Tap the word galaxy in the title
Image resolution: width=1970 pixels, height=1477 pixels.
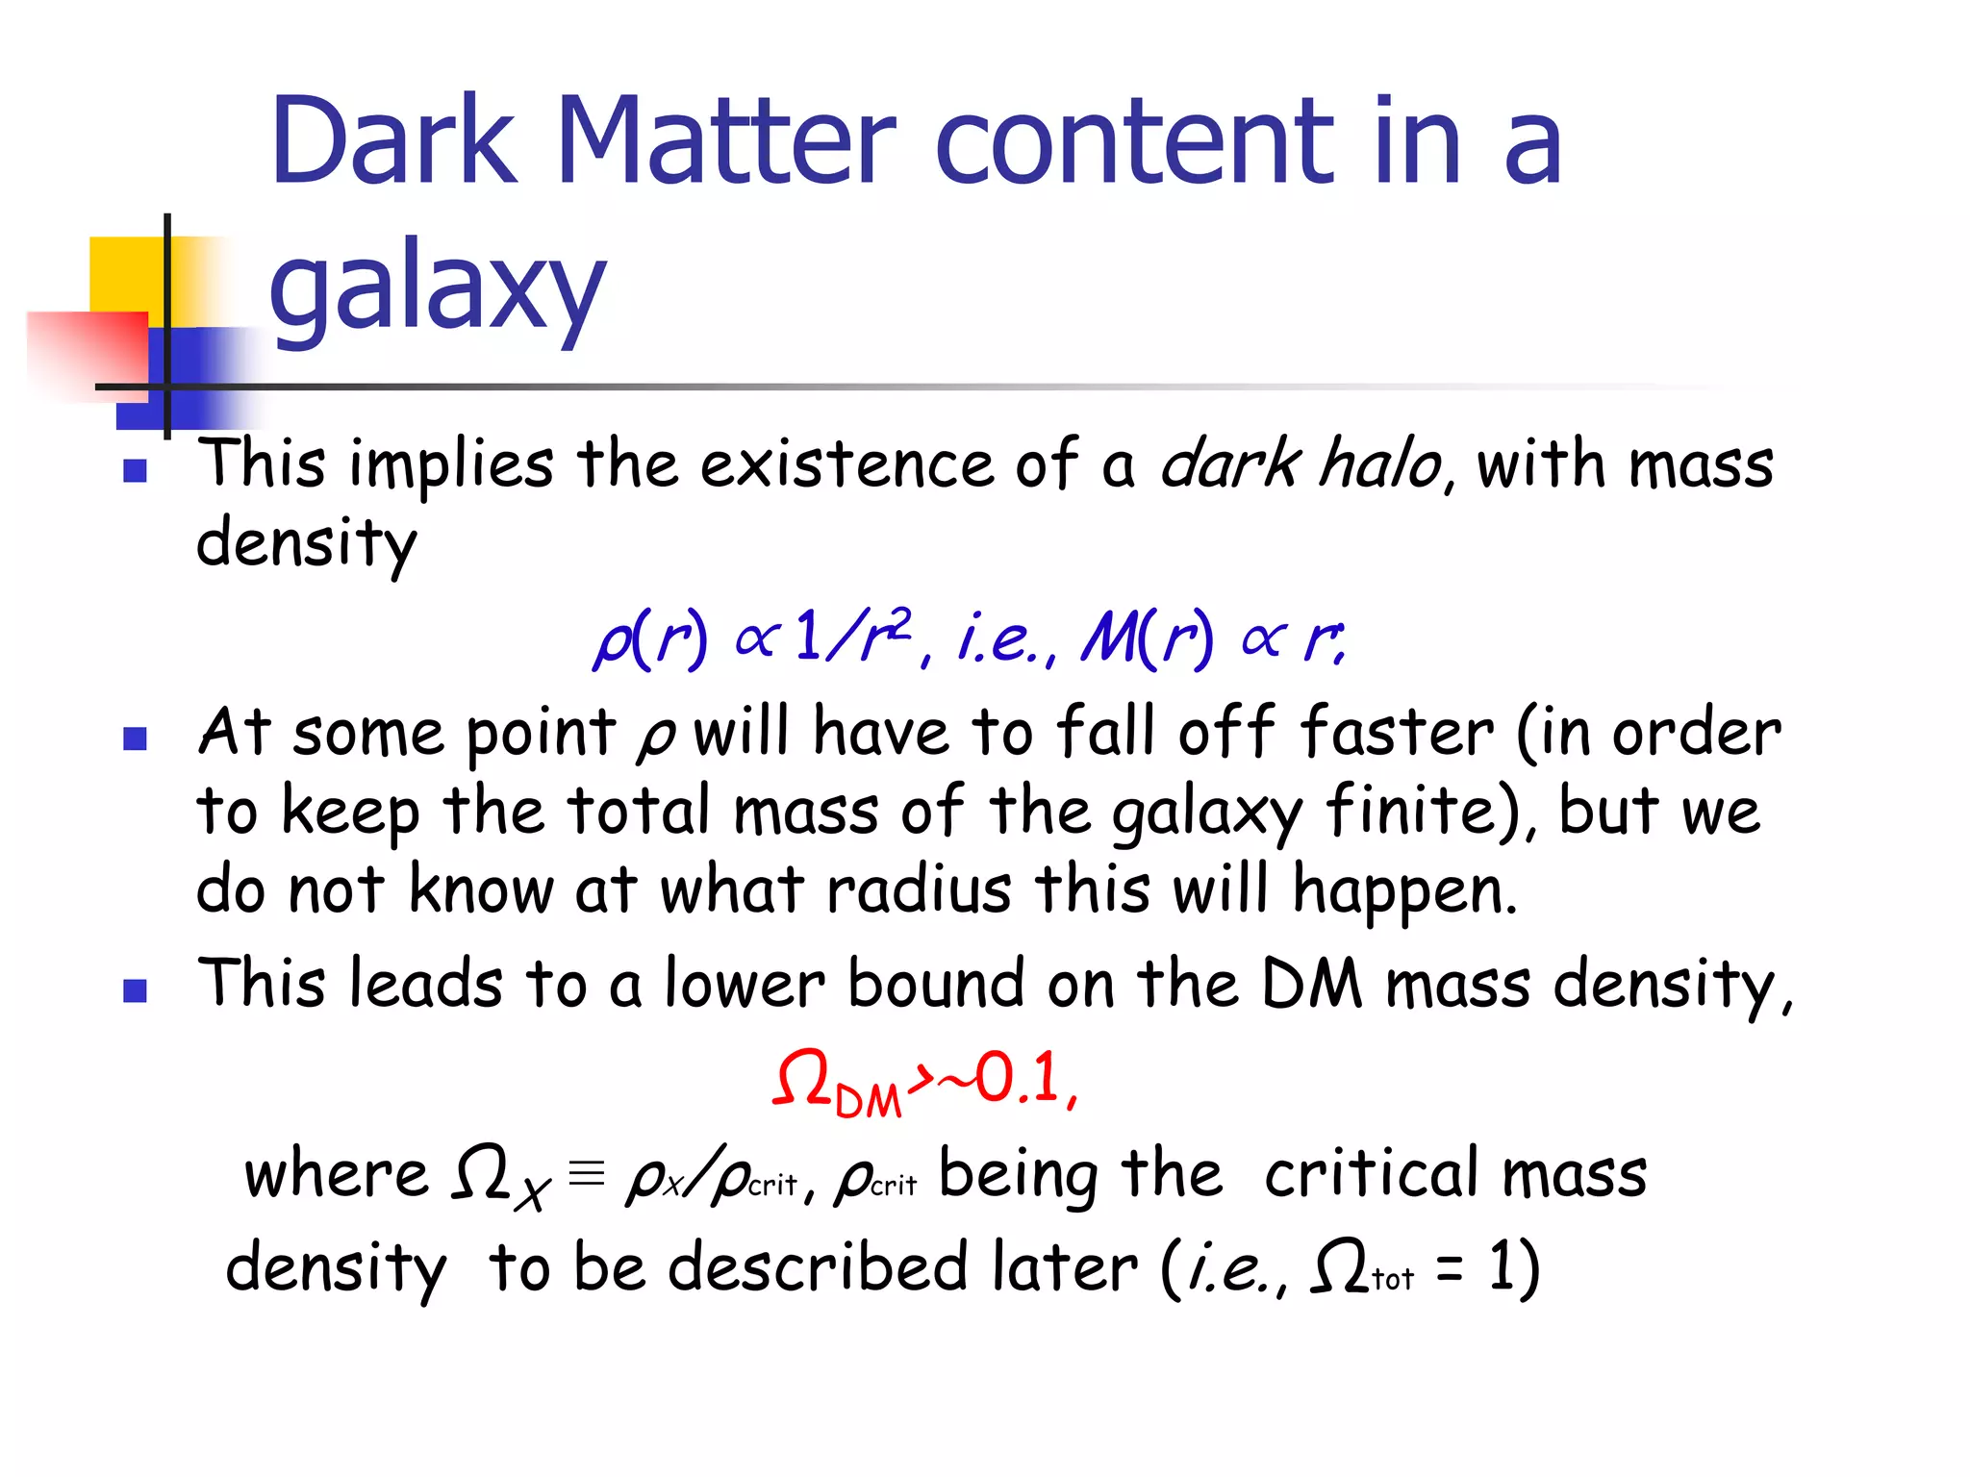438,287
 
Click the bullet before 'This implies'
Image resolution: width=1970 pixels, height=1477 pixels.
135,470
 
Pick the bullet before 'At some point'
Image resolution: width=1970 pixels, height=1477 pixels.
135,738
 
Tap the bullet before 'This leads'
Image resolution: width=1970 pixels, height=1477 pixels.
135,990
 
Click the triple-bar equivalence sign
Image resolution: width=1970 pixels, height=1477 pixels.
586,1173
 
